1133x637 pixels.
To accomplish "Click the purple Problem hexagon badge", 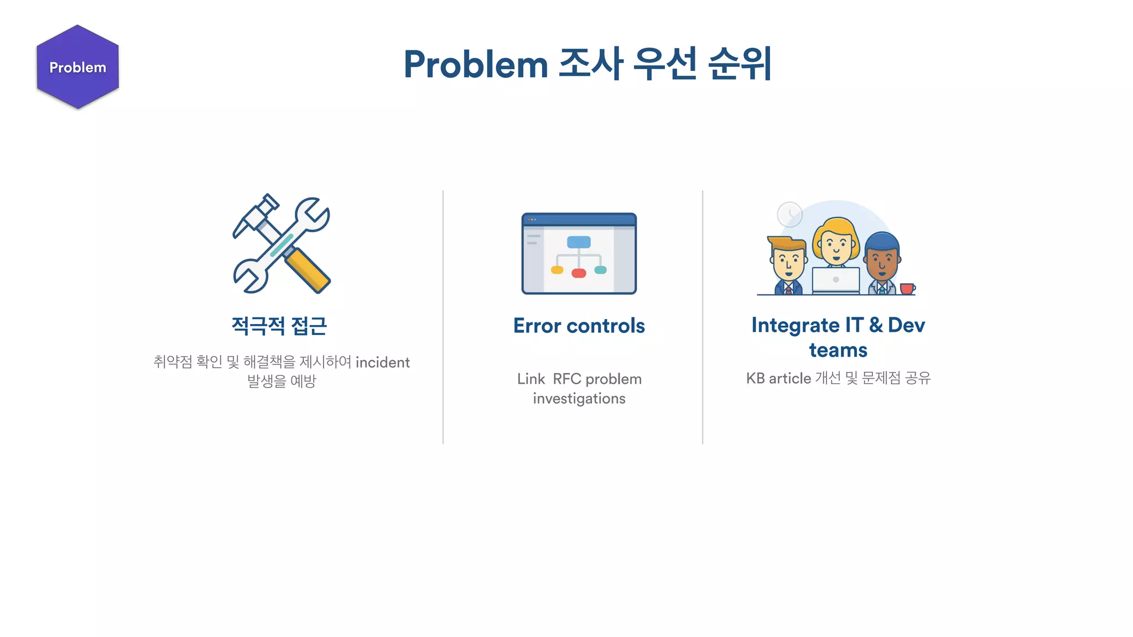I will tap(77, 67).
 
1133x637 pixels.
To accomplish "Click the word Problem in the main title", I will tap(475, 65).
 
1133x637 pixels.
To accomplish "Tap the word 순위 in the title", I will tap(740, 64).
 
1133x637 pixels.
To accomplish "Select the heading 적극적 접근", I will tap(279, 326).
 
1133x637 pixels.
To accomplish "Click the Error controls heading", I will tap(579, 326).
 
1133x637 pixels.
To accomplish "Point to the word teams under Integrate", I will tap(838, 350).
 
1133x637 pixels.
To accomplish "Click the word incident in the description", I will tap(382, 363).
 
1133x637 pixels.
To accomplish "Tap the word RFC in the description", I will tap(566, 379).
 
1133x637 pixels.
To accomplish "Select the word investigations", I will tap(579, 399).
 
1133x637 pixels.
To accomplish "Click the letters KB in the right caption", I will tap(755, 378).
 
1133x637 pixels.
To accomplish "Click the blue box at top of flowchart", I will tap(579, 242).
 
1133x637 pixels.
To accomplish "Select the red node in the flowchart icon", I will tap(579, 273).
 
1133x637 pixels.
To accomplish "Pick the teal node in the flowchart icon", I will tap(600, 270).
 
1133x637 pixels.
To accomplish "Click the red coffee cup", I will tap(907, 289).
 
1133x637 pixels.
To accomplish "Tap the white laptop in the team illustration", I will tap(835, 280).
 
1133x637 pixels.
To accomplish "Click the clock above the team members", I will tap(789, 214).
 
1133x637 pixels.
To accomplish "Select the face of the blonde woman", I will tap(836, 247).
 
